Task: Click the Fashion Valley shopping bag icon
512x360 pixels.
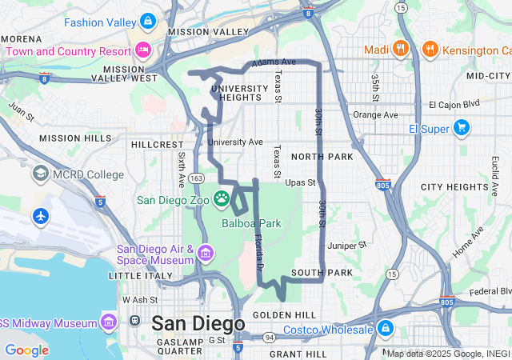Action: (x=147, y=20)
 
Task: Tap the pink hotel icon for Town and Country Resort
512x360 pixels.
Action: (x=143, y=50)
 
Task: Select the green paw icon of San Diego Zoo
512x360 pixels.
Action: (x=222, y=198)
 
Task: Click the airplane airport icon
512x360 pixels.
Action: (x=40, y=216)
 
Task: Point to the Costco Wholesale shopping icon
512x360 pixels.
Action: (x=386, y=329)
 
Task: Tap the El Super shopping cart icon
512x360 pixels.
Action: (x=462, y=127)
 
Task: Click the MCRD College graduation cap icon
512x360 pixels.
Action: (x=40, y=174)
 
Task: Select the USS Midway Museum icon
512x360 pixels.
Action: (x=110, y=322)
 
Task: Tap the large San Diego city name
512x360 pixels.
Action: (x=198, y=324)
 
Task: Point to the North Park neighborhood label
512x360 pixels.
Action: (x=322, y=157)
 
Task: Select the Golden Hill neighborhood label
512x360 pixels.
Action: (x=279, y=315)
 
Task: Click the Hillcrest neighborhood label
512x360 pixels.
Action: (x=158, y=145)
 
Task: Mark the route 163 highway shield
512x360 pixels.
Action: (x=197, y=177)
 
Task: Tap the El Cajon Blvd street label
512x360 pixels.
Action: (x=454, y=104)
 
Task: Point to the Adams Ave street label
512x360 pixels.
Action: (x=273, y=62)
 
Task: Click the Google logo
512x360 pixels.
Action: (x=26, y=350)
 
